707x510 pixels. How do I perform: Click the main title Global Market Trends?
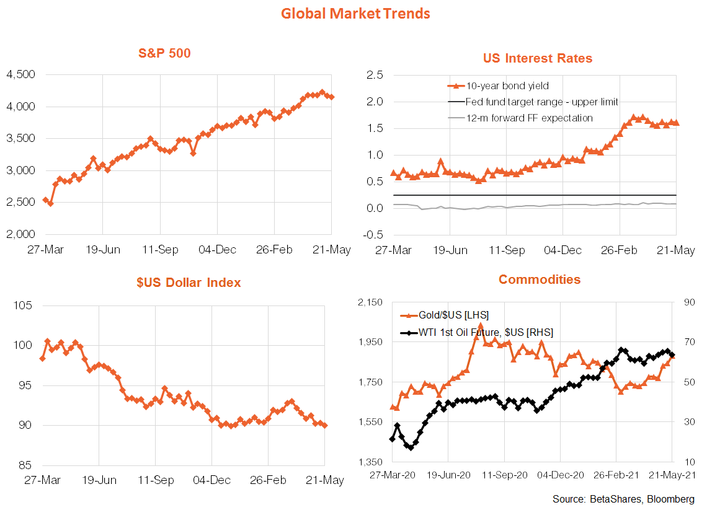tap(355, 13)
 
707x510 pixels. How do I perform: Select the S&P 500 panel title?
tap(164, 53)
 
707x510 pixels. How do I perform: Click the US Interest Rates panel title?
tap(537, 58)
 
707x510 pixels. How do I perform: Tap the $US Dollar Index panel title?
tap(189, 283)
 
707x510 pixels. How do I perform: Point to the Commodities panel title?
tap(540, 279)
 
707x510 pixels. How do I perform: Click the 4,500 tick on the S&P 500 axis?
tap(20, 75)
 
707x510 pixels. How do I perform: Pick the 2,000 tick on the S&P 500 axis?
tap(20, 234)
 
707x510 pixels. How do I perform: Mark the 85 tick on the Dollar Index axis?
tap(23, 465)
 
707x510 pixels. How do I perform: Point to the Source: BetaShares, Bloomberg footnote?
tap(623, 499)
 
